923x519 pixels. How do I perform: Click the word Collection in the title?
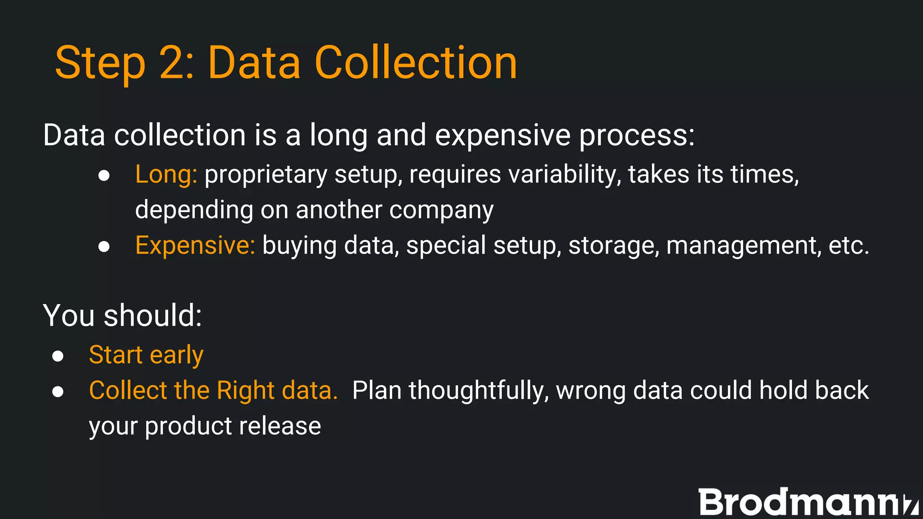(416, 63)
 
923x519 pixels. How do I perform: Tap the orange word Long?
(166, 174)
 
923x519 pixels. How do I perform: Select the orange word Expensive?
(195, 246)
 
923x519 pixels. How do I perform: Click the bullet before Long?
(104, 175)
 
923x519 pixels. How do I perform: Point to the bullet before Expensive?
(104, 246)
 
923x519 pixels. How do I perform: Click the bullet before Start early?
(58, 356)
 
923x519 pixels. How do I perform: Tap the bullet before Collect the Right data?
(58, 392)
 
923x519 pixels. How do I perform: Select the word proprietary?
(265, 175)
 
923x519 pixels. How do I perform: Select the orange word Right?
(246, 391)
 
